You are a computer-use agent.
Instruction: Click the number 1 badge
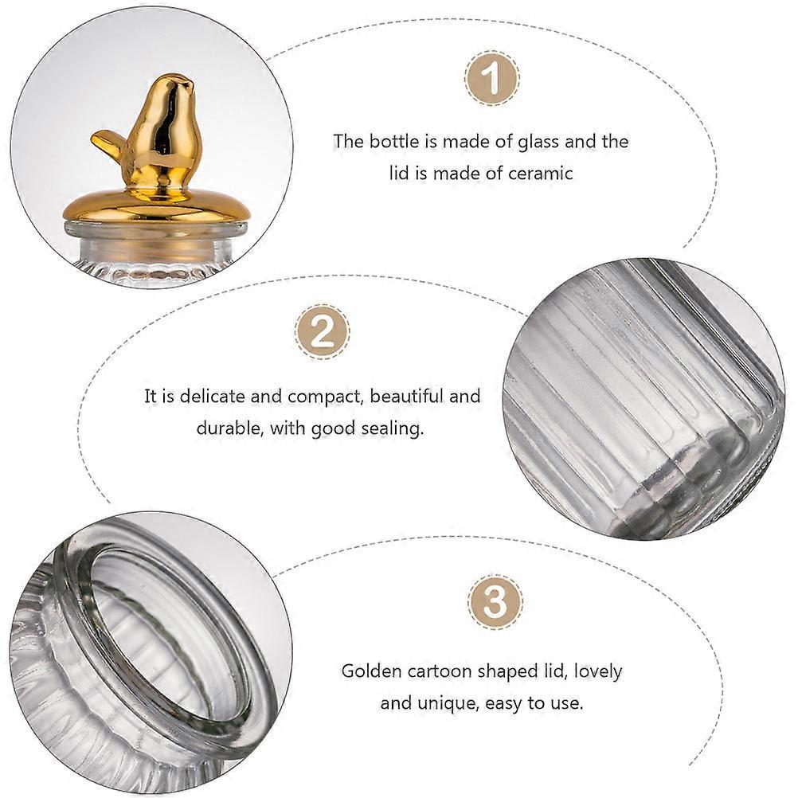tap(492, 78)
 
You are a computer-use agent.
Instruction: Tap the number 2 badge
tap(323, 332)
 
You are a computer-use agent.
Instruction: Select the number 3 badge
tap(495, 602)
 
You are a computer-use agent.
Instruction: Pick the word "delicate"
tap(212, 396)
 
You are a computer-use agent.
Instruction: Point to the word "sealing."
tap(392, 428)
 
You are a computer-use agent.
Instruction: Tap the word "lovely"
tap(598, 672)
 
